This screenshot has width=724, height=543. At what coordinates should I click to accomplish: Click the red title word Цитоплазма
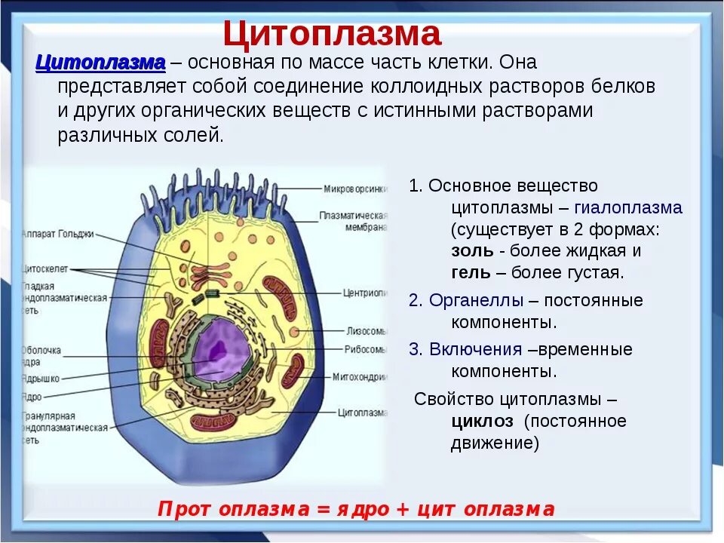point(332,34)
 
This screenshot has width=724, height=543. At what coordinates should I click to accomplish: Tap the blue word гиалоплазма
point(628,208)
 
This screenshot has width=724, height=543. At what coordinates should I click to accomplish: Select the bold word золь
point(473,251)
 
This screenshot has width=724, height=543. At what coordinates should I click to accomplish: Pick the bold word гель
point(471,273)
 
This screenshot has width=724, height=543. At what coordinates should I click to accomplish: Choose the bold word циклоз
point(483,421)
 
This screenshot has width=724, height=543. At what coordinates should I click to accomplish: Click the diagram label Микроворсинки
point(355,189)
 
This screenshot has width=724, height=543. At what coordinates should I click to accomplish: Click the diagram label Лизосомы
point(367,330)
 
